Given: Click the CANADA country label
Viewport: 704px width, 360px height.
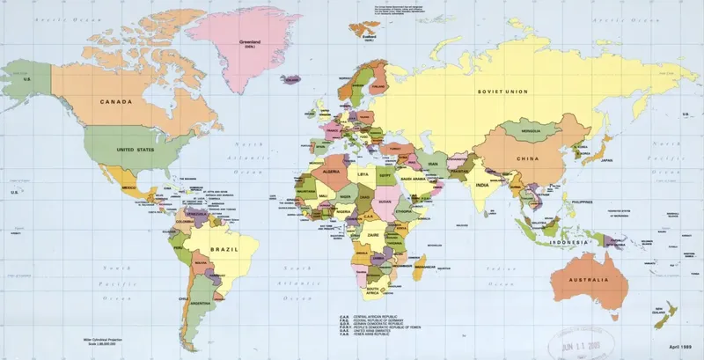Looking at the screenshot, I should click(x=116, y=102).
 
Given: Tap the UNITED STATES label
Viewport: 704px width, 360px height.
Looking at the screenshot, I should click(x=136, y=150).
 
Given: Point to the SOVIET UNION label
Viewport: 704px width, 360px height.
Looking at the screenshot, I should click(x=502, y=92).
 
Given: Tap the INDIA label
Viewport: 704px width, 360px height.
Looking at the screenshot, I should click(x=482, y=186).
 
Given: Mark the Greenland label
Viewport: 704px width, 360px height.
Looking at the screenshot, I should click(x=254, y=40).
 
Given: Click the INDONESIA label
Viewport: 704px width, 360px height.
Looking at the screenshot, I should click(x=568, y=241).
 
